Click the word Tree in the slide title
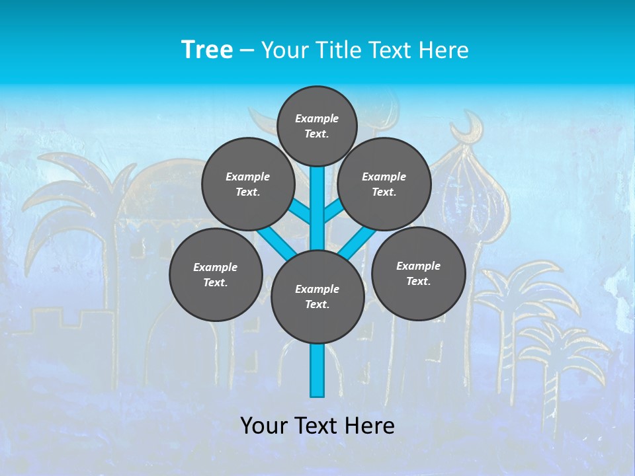point(207,50)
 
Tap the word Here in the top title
point(443,50)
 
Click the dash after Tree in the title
point(247,50)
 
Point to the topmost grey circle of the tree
point(317,126)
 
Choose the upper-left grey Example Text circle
point(247,184)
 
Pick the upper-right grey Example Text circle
point(384,184)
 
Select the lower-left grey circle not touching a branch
point(216,274)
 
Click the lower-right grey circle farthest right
point(418,273)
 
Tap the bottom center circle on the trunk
point(317,297)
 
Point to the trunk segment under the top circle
point(317,198)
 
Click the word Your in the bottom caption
point(264,426)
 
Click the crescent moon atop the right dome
point(472,125)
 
